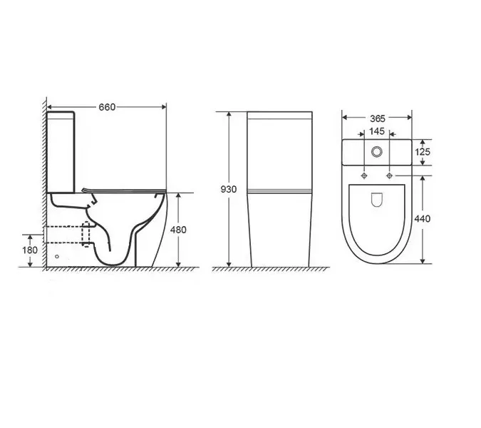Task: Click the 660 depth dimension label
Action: (105, 107)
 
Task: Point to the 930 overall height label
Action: (229, 190)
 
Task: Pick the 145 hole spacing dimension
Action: (377, 133)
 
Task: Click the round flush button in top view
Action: (377, 152)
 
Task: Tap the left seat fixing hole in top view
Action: (364, 175)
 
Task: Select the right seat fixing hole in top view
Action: (390, 175)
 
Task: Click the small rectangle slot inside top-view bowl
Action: (377, 199)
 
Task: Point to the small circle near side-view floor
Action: (57, 255)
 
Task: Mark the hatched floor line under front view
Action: (264, 268)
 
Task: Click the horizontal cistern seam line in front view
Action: (279, 191)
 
